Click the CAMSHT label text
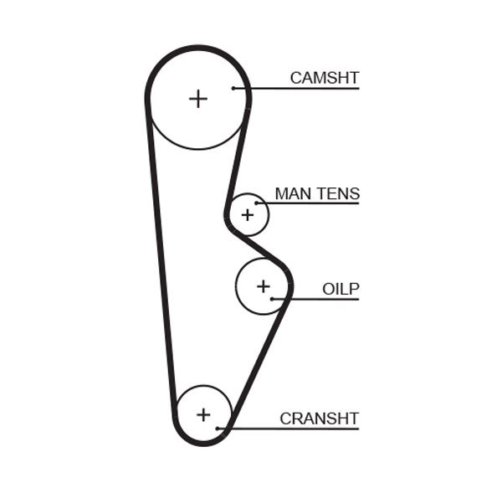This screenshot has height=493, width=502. tap(324, 78)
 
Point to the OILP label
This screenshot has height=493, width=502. tap(341, 290)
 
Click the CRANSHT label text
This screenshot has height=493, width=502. tap(319, 419)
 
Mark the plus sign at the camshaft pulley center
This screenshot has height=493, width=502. tap(197, 99)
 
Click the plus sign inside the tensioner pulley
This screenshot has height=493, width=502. tap(247, 215)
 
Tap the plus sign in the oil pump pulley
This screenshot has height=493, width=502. tap(264, 286)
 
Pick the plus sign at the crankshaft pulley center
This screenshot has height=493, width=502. tap(203, 413)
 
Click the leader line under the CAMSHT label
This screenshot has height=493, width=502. tap(301, 88)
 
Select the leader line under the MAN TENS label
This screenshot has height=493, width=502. tap(310, 203)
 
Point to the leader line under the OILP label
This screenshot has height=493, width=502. tap(318, 299)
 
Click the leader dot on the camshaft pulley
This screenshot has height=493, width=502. tap(234, 88)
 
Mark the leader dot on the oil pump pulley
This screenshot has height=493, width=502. tap(272, 299)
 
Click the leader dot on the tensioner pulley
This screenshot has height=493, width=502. tap(257, 203)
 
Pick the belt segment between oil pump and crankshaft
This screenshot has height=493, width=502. tap(259, 360)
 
